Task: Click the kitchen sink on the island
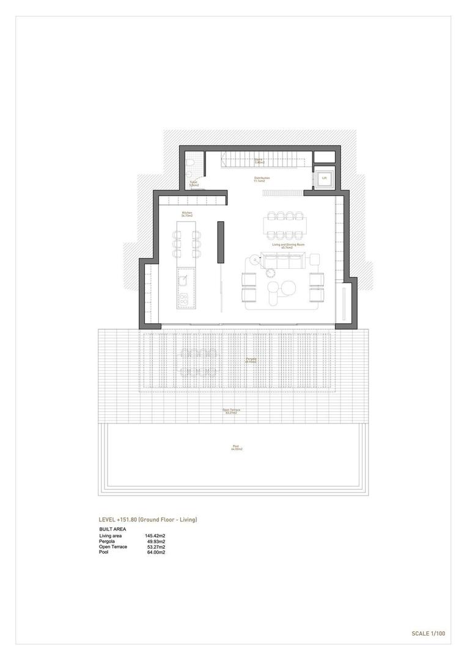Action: pyautogui.click(x=183, y=280)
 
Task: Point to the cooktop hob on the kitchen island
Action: pyautogui.click(x=183, y=298)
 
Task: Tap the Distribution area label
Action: pyautogui.click(x=262, y=179)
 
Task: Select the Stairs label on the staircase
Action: pyautogui.click(x=259, y=161)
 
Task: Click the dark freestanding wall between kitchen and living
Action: pyautogui.click(x=221, y=242)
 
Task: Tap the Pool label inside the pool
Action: pyautogui.click(x=237, y=447)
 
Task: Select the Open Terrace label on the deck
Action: pyautogui.click(x=231, y=411)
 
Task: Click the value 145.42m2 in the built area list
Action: pyautogui.click(x=155, y=535)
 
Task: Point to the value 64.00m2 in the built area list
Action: pyautogui.click(x=155, y=552)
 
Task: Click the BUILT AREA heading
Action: pyautogui.click(x=112, y=529)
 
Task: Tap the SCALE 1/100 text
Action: pyautogui.click(x=428, y=633)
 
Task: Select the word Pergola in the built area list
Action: pyautogui.click(x=107, y=541)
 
